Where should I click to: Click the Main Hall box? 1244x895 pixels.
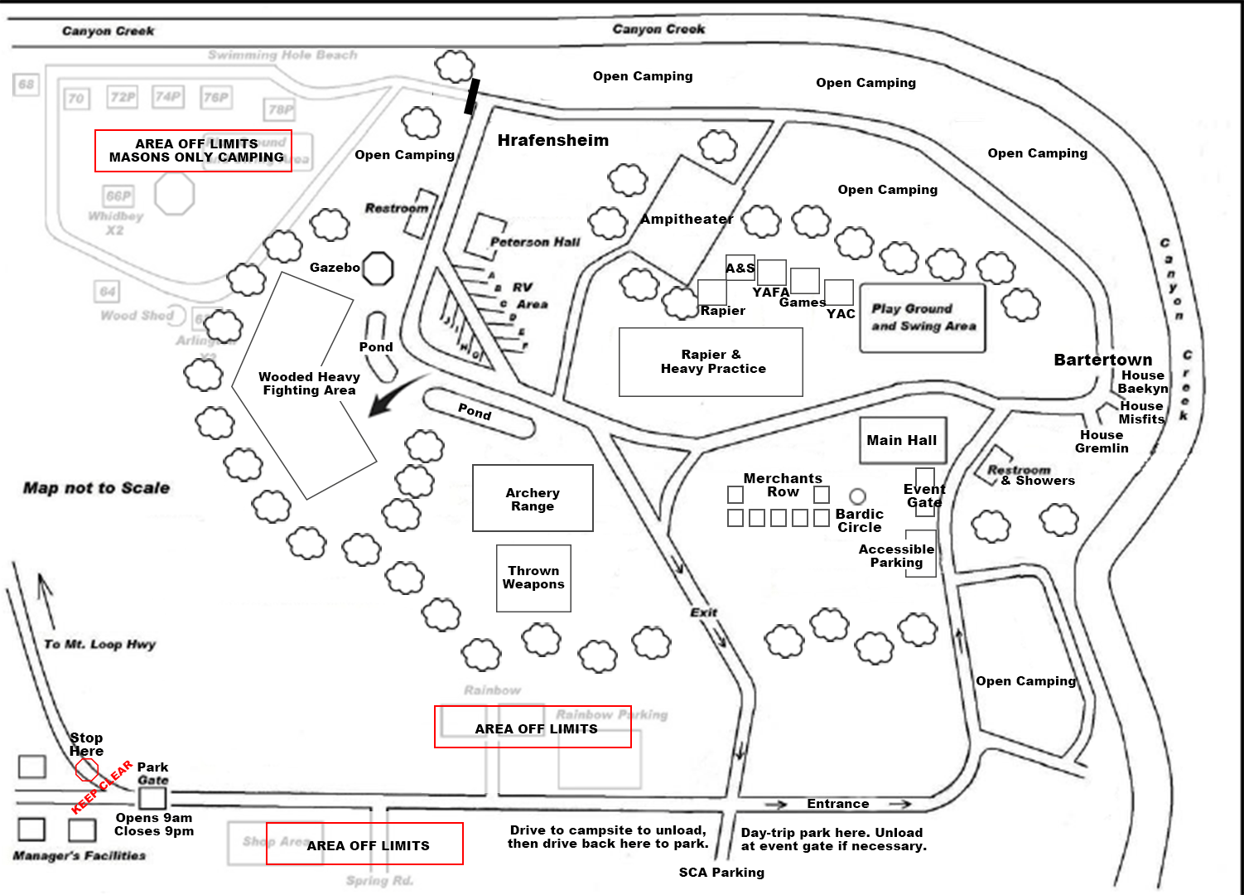[902, 440]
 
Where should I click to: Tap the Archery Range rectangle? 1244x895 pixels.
[533, 498]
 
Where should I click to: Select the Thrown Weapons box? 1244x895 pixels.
[533, 578]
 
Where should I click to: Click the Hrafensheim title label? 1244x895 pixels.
[552, 140]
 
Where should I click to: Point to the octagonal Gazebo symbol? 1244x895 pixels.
[378, 268]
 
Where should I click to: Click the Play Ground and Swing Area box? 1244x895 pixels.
[923, 318]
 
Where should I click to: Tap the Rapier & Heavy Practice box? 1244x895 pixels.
[711, 362]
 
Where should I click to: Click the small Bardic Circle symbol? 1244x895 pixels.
[858, 496]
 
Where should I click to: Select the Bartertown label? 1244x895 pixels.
[1102, 360]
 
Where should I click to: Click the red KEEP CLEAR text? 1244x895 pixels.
[102, 786]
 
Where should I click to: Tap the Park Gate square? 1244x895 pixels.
[152, 798]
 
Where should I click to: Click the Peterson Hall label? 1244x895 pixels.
[535, 242]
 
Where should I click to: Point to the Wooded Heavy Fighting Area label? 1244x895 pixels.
[309, 384]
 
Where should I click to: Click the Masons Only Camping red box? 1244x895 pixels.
[194, 151]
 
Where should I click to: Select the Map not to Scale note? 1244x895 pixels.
[96, 488]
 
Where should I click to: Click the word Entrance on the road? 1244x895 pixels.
[837, 804]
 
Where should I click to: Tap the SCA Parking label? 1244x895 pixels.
[721, 872]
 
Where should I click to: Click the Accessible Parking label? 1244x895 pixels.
[896, 555]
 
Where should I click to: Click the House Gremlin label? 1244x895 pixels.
[1102, 442]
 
